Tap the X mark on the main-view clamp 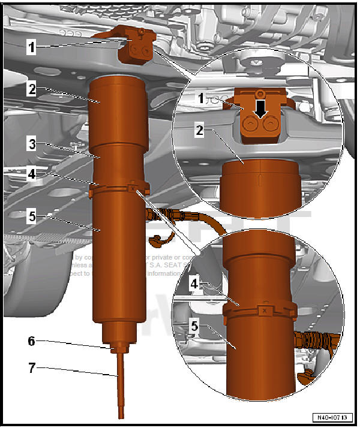[131, 189]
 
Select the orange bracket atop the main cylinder [136, 46]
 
